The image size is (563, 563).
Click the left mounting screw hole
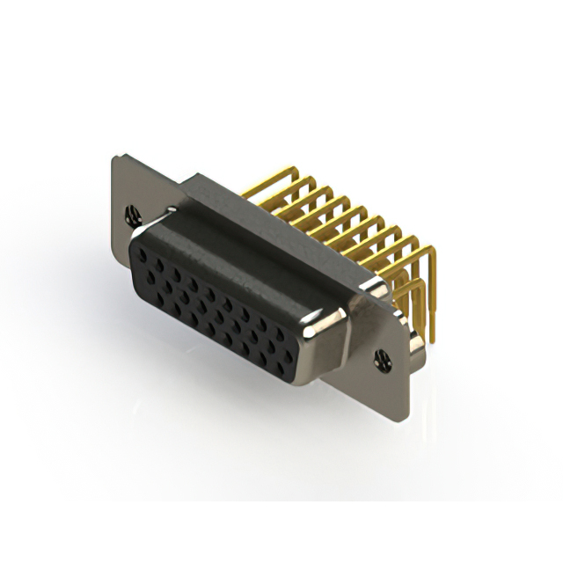point(133,213)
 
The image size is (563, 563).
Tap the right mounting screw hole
point(381,358)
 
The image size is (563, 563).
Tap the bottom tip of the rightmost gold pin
point(432,340)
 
